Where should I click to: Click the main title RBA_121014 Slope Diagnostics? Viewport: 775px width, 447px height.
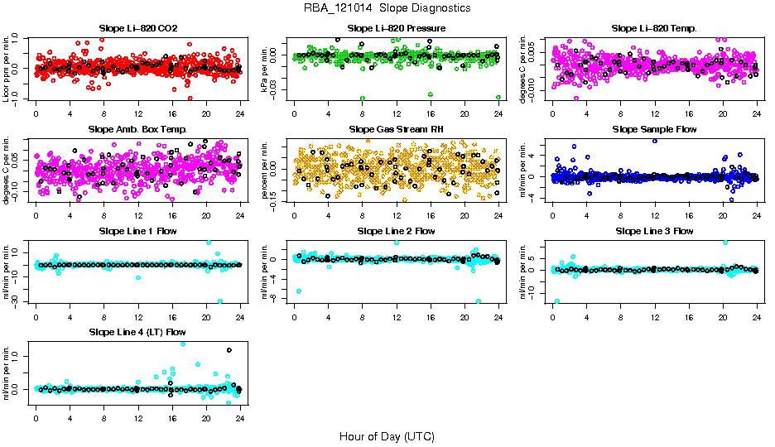(x=387, y=8)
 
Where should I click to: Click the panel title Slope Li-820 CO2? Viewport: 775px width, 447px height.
(x=137, y=29)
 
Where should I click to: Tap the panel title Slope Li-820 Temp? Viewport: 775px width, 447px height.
(x=654, y=29)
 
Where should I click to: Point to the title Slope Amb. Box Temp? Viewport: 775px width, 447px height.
(x=137, y=130)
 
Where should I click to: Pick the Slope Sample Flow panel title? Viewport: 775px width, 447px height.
(x=654, y=130)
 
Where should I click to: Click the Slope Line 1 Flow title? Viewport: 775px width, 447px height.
(x=137, y=231)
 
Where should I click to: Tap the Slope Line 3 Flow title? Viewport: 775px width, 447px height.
(x=654, y=231)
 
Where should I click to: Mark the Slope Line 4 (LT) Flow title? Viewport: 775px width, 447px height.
(x=137, y=332)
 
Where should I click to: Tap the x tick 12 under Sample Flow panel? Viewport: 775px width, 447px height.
(x=655, y=214)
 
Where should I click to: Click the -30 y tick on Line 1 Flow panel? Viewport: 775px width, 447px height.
(x=20, y=301)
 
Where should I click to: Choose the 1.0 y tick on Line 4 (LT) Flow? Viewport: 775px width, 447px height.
(x=20, y=356)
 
